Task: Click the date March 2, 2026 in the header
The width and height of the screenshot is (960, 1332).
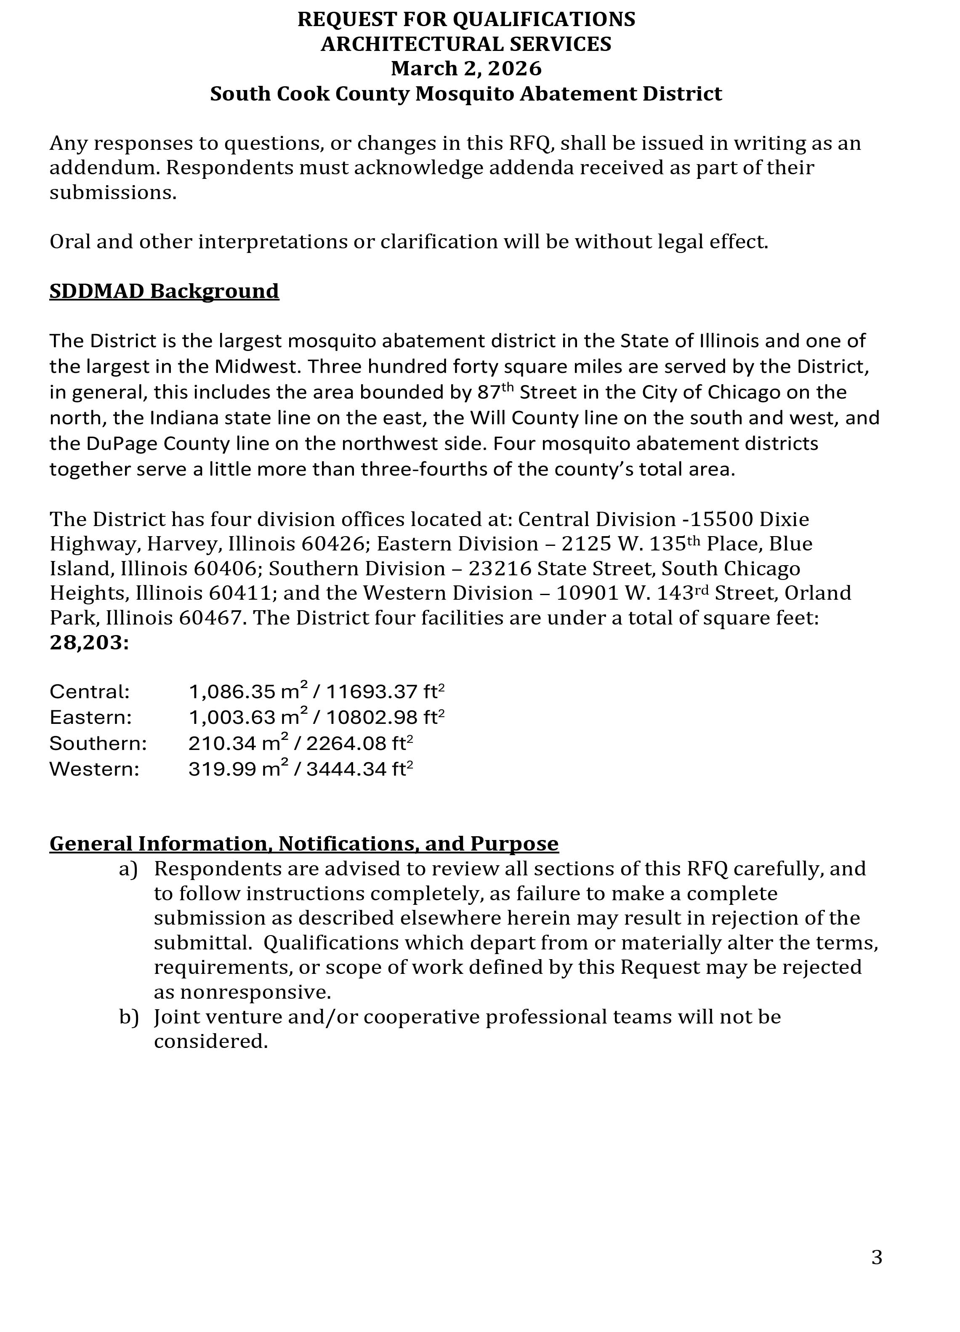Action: pyautogui.click(x=466, y=69)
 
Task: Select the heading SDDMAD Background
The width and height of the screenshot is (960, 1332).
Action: pyautogui.click(x=164, y=291)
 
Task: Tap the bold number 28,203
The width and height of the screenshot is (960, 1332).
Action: pyautogui.click(x=88, y=643)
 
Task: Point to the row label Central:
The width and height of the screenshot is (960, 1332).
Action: pyautogui.click(x=89, y=692)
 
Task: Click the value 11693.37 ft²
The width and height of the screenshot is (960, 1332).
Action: pyautogui.click(x=385, y=691)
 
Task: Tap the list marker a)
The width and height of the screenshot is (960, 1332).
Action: pyautogui.click(x=128, y=869)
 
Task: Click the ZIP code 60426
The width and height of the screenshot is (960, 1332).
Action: pyautogui.click(x=333, y=544)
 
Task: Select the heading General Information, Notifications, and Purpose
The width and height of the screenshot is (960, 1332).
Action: pyautogui.click(x=303, y=843)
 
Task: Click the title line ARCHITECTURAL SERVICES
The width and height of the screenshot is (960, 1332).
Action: pyautogui.click(x=466, y=44)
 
